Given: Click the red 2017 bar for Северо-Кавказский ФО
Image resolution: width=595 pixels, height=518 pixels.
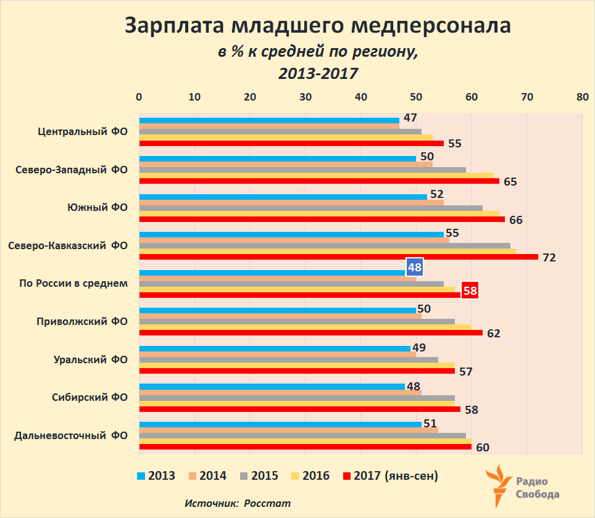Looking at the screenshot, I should [x=338, y=257].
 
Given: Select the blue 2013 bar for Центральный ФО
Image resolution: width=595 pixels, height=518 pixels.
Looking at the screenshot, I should [x=269, y=120].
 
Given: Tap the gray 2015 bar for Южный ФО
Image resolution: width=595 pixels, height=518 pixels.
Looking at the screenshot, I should [x=310, y=208].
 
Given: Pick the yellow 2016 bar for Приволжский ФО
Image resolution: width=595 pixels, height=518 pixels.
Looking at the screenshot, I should [x=305, y=327].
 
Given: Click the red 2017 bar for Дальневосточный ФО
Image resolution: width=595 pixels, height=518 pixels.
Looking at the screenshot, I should [x=306, y=447].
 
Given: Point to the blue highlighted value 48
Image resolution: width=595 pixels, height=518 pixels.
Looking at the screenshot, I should [x=414, y=268].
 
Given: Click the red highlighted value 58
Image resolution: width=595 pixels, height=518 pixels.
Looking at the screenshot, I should [x=470, y=290].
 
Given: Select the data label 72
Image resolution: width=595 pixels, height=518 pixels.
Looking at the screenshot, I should [x=549, y=257].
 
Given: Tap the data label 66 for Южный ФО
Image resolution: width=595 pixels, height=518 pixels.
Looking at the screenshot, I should [x=515, y=220].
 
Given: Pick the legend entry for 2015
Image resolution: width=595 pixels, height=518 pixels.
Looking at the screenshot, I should [x=259, y=475].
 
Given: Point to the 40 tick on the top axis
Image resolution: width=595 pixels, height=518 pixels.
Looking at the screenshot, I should [x=361, y=97].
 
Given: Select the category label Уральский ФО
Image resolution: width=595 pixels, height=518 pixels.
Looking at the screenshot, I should [x=91, y=360].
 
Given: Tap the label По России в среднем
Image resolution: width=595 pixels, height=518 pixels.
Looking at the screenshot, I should [x=73, y=284].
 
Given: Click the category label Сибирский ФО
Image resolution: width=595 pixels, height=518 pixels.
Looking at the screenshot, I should [x=90, y=397].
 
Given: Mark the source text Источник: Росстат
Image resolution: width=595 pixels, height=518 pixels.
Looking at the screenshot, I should [x=238, y=503].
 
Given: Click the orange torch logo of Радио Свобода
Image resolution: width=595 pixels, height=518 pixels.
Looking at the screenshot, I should [x=498, y=484].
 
